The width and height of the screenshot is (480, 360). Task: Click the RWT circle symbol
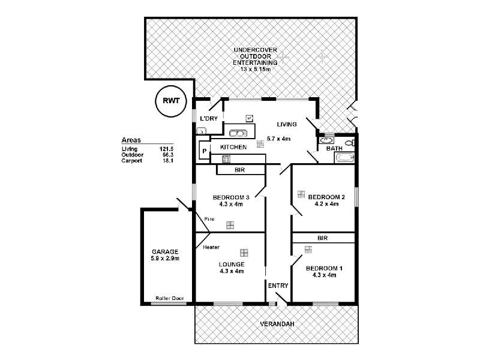pyautogui.click(x=171, y=100)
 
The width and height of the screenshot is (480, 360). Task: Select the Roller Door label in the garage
pyautogui.click(x=169, y=298)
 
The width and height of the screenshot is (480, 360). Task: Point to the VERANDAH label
pyautogui.click(x=276, y=325)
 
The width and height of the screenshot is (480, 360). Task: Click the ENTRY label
pyautogui.click(x=278, y=286)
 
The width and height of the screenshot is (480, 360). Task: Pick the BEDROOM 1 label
pyautogui.click(x=324, y=268)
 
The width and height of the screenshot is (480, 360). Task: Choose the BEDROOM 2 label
pyautogui.click(x=326, y=197)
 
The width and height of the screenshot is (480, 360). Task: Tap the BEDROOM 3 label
pyautogui.click(x=231, y=197)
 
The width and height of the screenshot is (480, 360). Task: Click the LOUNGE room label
pyautogui.click(x=231, y=264)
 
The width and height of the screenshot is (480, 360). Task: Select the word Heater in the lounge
pyautogui.click(x=211, y=247)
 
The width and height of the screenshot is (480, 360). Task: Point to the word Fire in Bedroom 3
pyautogui.click(x=209, y=219)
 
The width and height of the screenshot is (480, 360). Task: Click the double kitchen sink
pyautogui.click(x=239, y=133)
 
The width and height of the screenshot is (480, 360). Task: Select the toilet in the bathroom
pyautogui.click(x=350, y=143)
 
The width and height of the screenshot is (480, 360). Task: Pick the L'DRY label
pyautogui.click(x=208, y=119)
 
